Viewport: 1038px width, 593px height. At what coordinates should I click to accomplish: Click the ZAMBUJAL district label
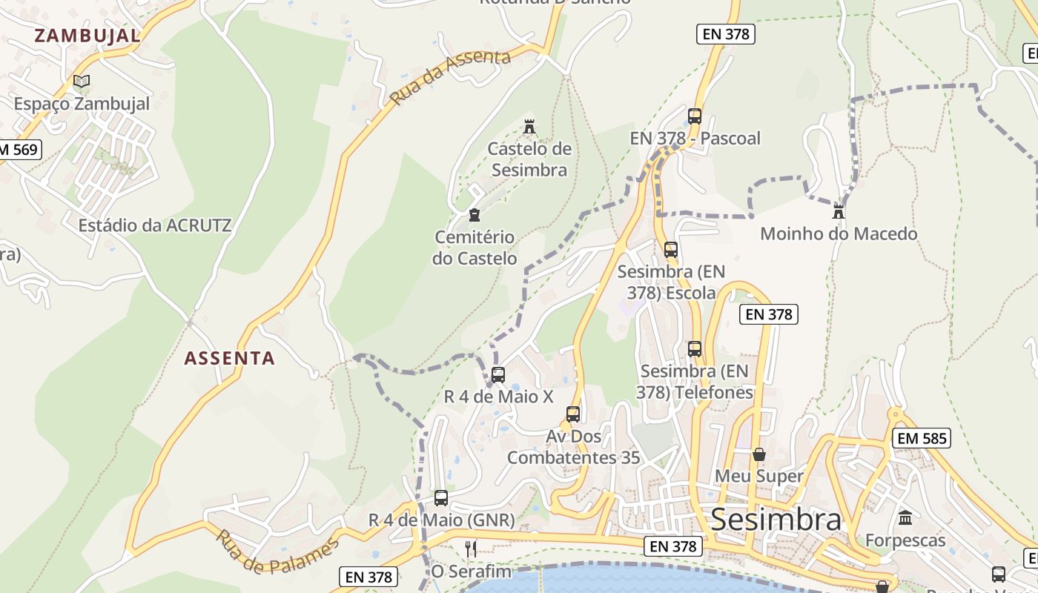pyautogui.click(x=87, y=36)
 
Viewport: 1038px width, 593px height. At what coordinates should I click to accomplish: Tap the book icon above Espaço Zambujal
pyautogui.click(x=82, y=81)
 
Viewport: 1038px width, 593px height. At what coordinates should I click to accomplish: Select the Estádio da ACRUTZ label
pyautogui.click(x=155, y=225)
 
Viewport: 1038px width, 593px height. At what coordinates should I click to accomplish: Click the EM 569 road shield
pyautogui.click(x=18, y=149)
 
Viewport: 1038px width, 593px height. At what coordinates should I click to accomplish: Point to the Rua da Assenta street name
pyautogui.click(x=451, y=77)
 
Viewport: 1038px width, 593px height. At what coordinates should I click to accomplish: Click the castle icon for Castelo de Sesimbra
pyautogui.click(x=529, y=127)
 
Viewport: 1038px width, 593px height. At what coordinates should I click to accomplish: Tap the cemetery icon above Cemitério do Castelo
pyautogui.click(x=475, y=215)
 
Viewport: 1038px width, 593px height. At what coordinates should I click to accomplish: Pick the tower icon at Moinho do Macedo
pyautogui.click(x=839, y=211)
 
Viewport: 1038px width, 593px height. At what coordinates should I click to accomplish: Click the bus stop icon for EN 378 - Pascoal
pyautogui.click(x=695, y=116)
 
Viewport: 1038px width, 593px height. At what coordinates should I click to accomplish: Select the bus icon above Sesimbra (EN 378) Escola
pyautogui.click(x=671, y=250)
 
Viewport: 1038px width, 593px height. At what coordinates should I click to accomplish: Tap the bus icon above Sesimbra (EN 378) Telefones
pyautogui.click(x=695, y=348)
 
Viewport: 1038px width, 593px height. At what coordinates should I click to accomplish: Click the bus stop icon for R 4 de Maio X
pyautogui.click(x=498, y=374)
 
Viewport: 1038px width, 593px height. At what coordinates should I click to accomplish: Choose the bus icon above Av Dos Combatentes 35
pyautogui.click(x=573, y=414)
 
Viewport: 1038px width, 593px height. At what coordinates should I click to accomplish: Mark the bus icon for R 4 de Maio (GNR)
pyautogui.click(x=441, y=497)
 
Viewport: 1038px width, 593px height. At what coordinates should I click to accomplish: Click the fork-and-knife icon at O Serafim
pyautogui.click(x=471, y=549)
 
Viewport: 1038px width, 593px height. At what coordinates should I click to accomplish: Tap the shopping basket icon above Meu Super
pyautogui.click(x=759, y=454)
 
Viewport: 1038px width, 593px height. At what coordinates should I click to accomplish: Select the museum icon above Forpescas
pyautogui.click(x=905, y=517)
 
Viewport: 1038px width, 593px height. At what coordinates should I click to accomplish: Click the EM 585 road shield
pyautogui.click(x=922, y=438)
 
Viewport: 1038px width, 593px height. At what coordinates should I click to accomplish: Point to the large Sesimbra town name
pyautogui.click(x=776, y=520)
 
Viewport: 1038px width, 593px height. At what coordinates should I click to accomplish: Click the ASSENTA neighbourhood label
pyautogui.click(x=229, y=358)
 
